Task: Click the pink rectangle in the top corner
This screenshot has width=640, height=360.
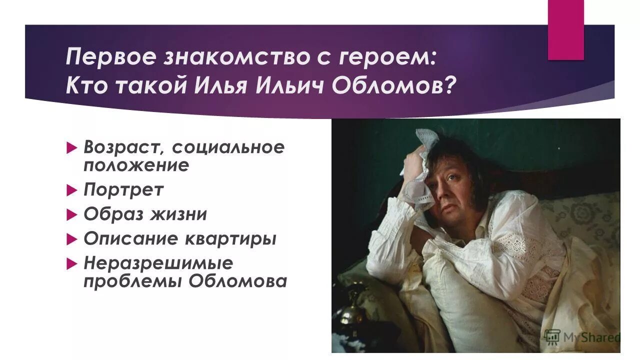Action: pos(565,29)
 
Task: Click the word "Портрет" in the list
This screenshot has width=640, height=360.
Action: pos(123,190)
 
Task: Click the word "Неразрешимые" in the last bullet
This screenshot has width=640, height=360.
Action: pos(158,263)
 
